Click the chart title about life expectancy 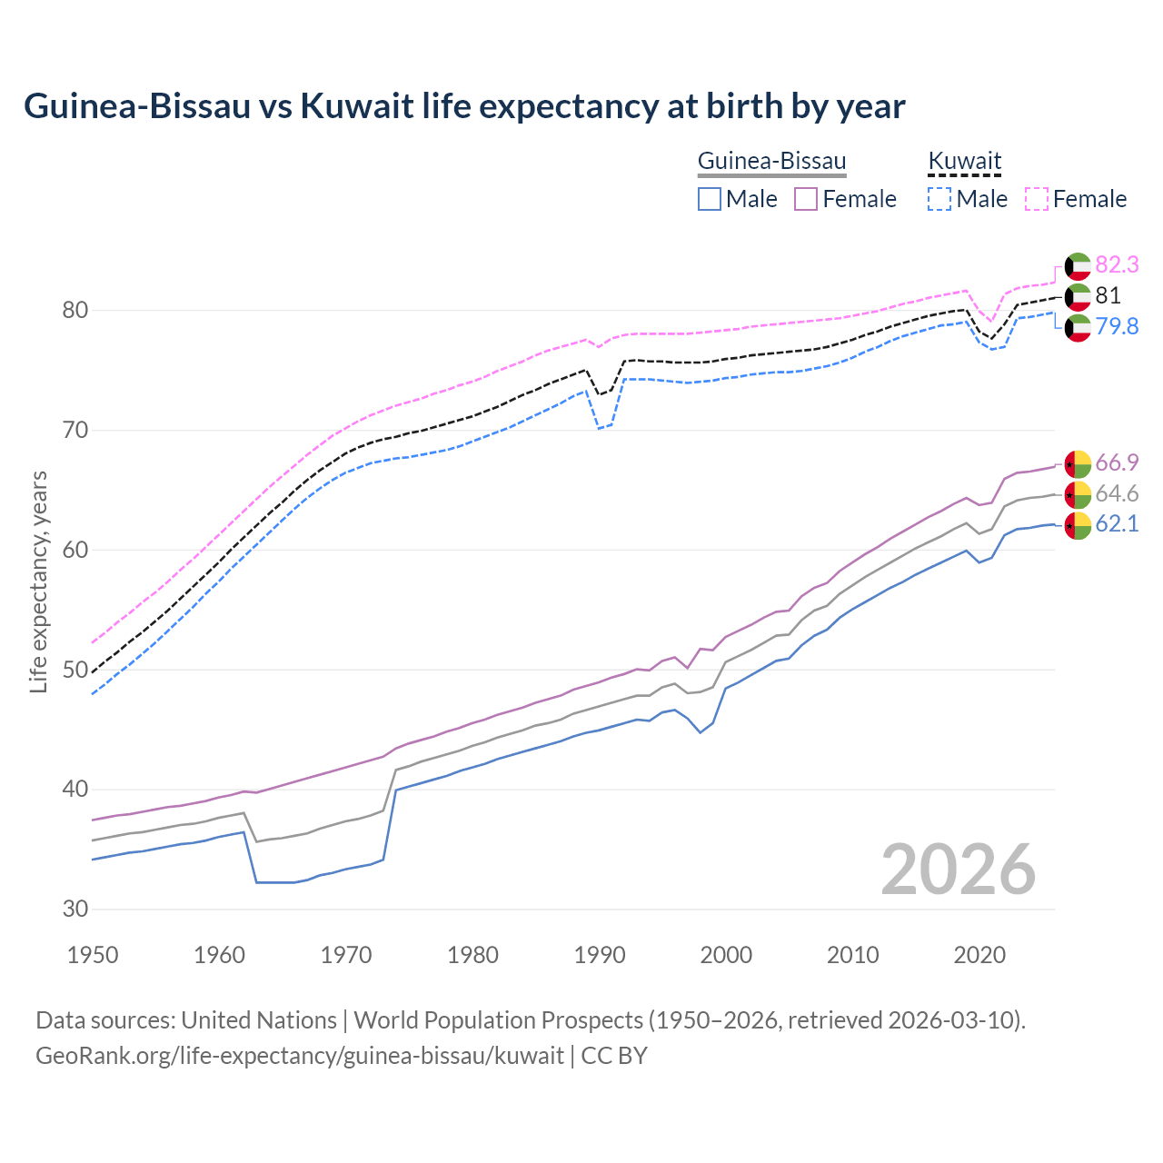464,106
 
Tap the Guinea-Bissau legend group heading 771,162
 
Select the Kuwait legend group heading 964,162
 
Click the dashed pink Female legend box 1037,199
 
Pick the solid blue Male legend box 710,199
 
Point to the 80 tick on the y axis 75,310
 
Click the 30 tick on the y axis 75,909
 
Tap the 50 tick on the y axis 75,670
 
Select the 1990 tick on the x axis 600,955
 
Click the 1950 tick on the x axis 94,955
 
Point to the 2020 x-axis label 979,955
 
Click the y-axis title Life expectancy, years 38,581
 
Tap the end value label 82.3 1117,264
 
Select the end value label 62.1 1117,523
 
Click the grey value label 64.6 1117,493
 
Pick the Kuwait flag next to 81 1078,295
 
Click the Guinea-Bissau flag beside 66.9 1078,463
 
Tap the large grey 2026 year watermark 958,870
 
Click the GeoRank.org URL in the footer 300,1056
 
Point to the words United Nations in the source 259,1020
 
